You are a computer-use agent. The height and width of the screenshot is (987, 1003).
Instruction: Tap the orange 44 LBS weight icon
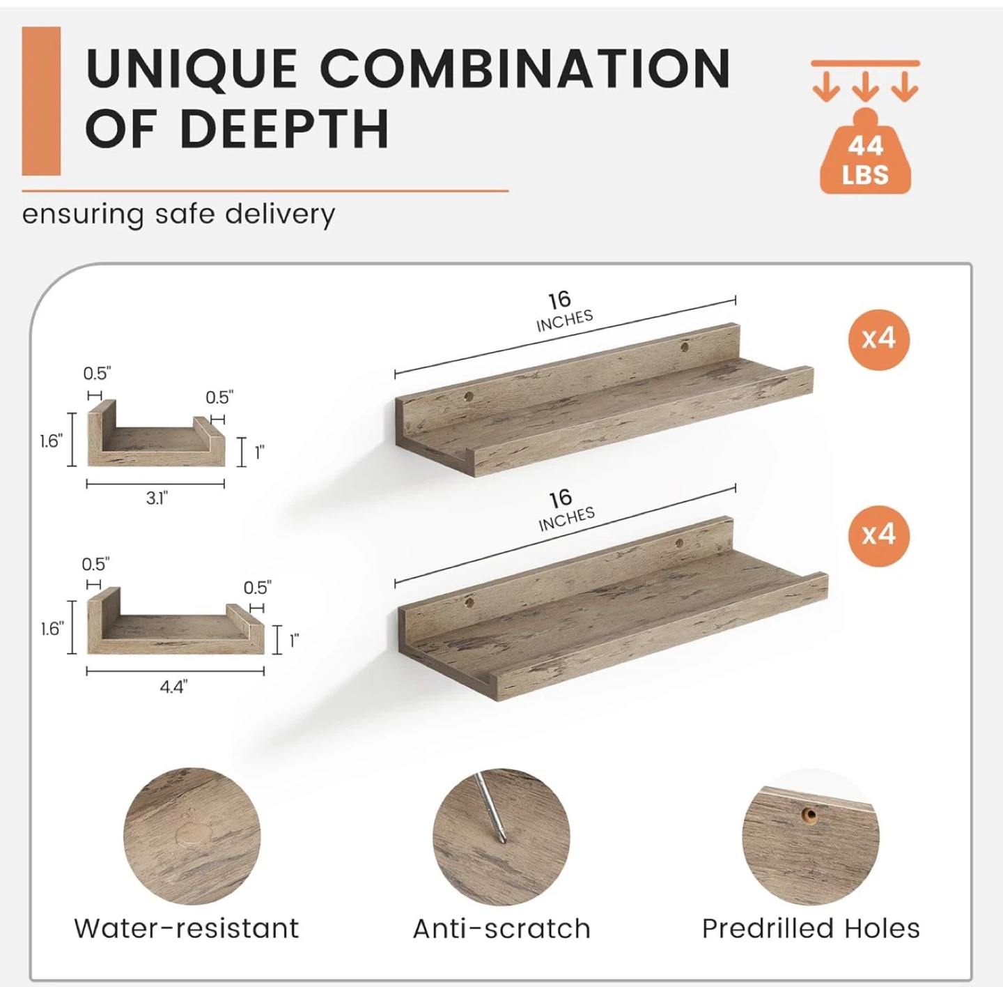pos(866,154)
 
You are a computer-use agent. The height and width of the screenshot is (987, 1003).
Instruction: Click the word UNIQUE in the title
pos(192,69)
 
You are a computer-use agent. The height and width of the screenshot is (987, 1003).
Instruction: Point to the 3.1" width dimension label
pos(157,498)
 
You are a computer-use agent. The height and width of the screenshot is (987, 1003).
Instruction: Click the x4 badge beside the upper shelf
pos(878,339)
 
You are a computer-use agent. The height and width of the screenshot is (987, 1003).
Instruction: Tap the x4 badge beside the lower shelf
pos(878,536)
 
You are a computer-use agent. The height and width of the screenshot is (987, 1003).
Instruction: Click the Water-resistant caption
pos(187,928)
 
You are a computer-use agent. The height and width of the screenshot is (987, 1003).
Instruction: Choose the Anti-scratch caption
pos(501,928)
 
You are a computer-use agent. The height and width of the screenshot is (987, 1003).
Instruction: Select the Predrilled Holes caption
pos(811,928)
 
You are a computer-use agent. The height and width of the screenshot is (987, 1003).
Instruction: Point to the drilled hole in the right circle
pos(809,815)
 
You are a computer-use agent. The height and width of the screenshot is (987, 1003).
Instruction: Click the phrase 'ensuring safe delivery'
pos(178,215)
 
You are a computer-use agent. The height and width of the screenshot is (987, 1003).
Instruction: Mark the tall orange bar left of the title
pos(41,101)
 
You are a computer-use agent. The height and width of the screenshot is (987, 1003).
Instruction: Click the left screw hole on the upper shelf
pos(469,395)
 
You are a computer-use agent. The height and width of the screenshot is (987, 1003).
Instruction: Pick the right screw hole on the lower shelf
pos(679,543)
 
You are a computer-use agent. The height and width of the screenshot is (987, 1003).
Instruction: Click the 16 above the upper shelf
pos(559,300)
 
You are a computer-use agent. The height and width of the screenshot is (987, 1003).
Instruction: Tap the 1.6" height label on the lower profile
pos(52,629)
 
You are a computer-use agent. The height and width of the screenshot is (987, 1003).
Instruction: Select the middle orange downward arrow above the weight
pos(865,87)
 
